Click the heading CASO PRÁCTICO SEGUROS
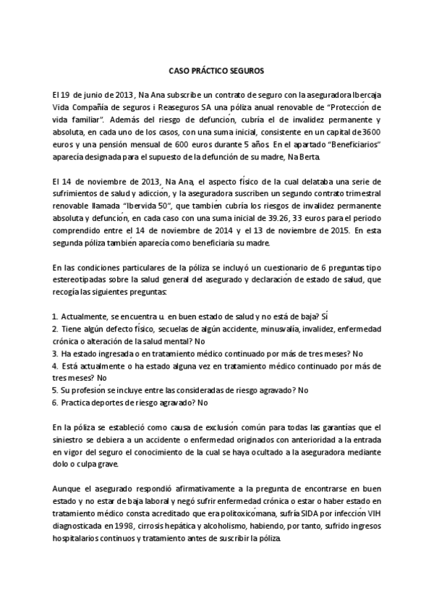pyautogui.click(x=216, y=72)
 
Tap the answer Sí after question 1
pyautogui.click(x=325, y=316)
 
